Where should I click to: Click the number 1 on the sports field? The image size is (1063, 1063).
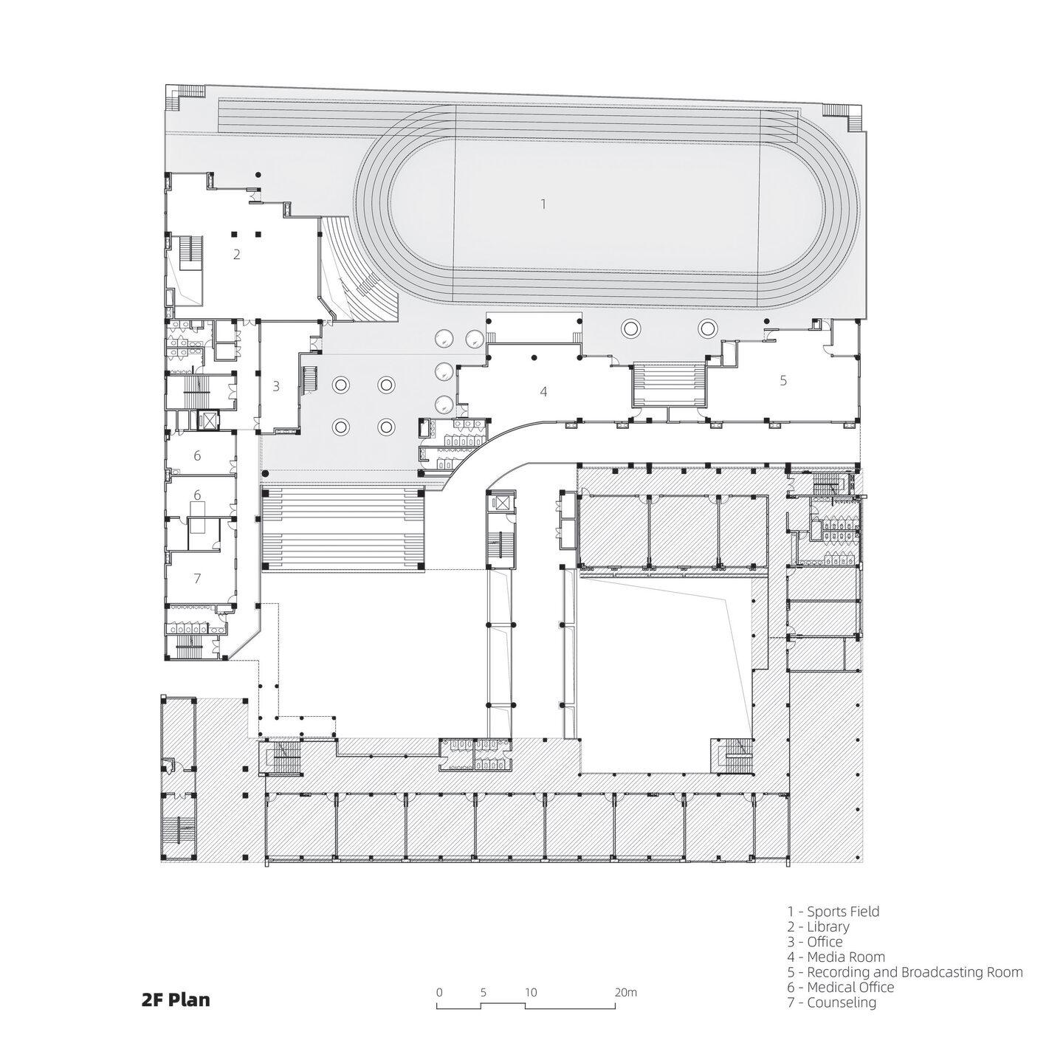(543, 203)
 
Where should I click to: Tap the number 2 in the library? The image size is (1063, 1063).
(236, 255)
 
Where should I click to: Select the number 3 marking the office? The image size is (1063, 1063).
(276, 385)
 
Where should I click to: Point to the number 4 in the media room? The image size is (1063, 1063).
(543, 391)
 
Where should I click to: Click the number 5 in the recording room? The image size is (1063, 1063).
(783, 380)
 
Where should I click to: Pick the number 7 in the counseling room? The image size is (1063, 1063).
(197, 579)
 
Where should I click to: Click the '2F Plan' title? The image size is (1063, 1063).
(176, 1000)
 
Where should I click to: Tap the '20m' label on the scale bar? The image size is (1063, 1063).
(625, 993)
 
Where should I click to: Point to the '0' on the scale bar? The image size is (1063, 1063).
(439, 993)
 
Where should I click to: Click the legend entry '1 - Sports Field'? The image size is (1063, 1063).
(833, 912)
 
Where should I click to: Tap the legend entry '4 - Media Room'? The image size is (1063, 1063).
(836, 957)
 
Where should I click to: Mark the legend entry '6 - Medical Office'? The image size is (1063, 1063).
(841, 987)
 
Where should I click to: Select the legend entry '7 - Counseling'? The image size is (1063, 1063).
(832, 1002)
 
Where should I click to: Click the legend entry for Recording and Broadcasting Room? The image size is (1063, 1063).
(905, 972)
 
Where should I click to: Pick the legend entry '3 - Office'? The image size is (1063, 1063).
(815, 942)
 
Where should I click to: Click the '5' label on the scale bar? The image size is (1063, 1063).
(483, 993)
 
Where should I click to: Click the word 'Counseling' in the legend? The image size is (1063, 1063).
(842, 1002)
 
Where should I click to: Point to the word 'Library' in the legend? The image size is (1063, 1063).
(828, 927)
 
